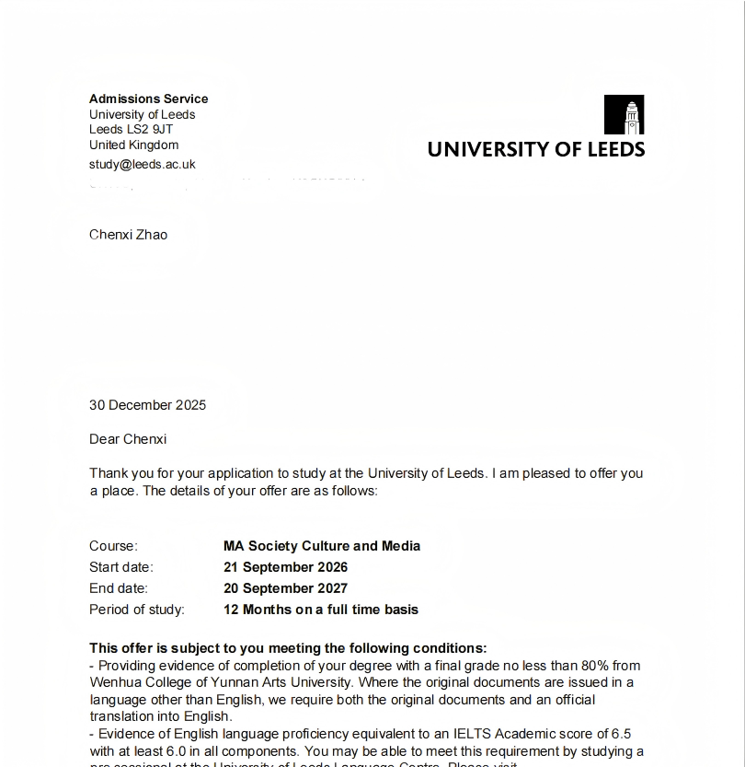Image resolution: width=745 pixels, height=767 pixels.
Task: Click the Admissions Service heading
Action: pyautogui.click(x=148, y=99)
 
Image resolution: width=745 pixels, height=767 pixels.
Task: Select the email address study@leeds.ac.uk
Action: pyautogui.click(x=142, y=164)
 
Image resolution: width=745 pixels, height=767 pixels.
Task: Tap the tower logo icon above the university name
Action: pyautogui.click(x=624, y=115)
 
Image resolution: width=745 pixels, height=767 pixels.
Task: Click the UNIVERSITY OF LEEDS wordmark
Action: pyautogui.click(x=536, y=149)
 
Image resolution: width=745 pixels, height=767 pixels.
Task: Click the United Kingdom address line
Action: pyautogui.click(x=133, y=145)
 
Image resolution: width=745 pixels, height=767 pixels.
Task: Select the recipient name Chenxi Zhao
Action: pyautogui.click(x=128, y=235)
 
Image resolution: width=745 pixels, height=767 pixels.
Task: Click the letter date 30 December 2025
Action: pyautogui.click(x=147, y=405)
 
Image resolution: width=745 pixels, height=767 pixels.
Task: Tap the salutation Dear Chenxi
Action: pyautogui.click(x=128, y=439)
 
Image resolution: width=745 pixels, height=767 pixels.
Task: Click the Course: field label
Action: pyautogui.click(x=113, y=546)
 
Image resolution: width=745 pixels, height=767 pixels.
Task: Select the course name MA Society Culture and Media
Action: pyautogui.click(x=322, y=546)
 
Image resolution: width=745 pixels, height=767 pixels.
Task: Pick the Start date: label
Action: pyautogui.click(x=121, y=567)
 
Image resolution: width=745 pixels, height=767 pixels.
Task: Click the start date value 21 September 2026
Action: pyautogui.click(x=286, y=567)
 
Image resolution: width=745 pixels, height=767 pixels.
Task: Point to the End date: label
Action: pyautogui.click(x=119, y=588)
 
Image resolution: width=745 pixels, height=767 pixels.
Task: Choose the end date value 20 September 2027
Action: pyautogui.click(x=286, y=588)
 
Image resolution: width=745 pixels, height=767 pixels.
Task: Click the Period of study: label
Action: pyautogui.click(x=137, y=610)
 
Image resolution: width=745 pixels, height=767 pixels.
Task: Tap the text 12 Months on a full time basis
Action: pyautogui.click(x=321, y=610)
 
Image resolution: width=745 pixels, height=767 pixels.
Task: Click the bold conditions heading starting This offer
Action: pyautogui.click(x=288, y=648)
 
